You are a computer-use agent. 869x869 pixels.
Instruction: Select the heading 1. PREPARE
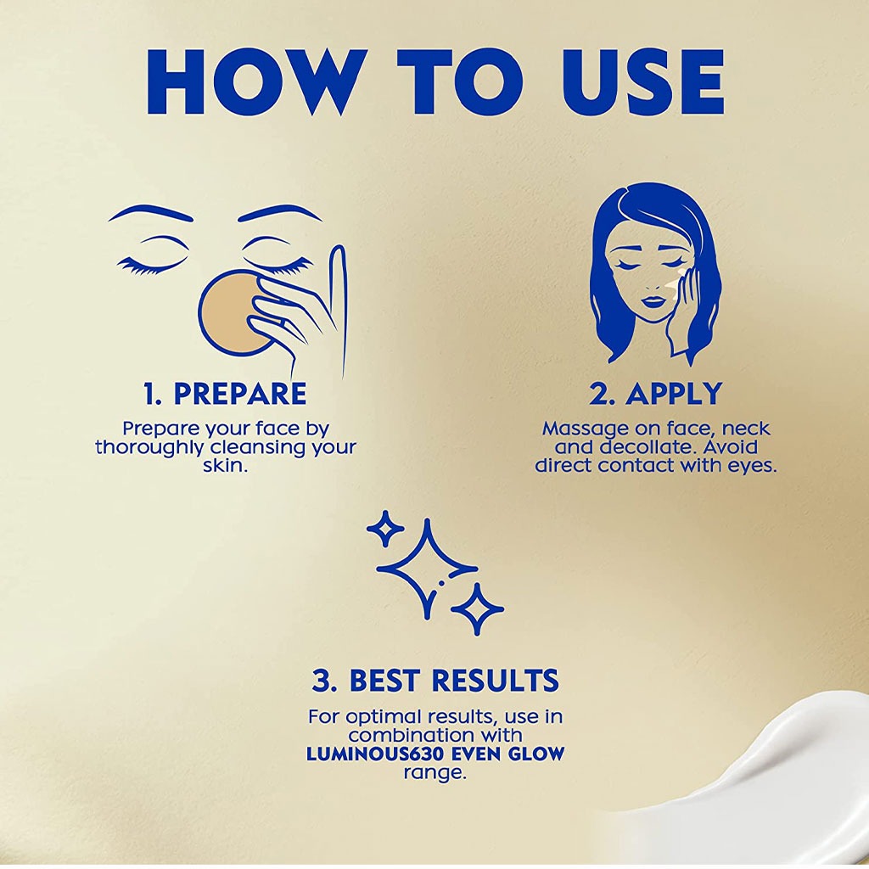point(225,394)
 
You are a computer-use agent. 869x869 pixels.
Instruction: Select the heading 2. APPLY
point(655,394)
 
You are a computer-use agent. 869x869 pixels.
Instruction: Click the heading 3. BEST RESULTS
point(435,680)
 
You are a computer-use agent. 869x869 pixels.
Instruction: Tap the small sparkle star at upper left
point(385,529)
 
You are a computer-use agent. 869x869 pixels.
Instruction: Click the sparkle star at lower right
point(477,608)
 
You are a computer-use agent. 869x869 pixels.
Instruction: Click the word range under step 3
point(434,772)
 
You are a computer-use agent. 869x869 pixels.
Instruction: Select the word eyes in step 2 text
point(751,466)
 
